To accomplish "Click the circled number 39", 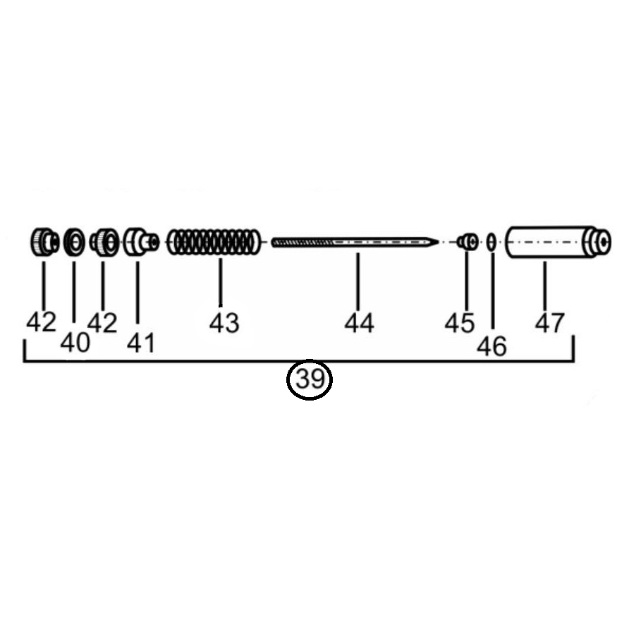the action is coord(310,379).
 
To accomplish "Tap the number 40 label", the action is coord(75,342).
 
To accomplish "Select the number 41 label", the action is coord(141,343).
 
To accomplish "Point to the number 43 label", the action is coord(224,323).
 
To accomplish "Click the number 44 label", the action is coord(359,323).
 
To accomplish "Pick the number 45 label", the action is coord(459,323).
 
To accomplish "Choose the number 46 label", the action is coord(491,346).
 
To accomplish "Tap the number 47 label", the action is coord(549,323).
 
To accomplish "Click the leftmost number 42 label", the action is coord(41,322).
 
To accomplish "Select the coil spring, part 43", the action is coord(214,242).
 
